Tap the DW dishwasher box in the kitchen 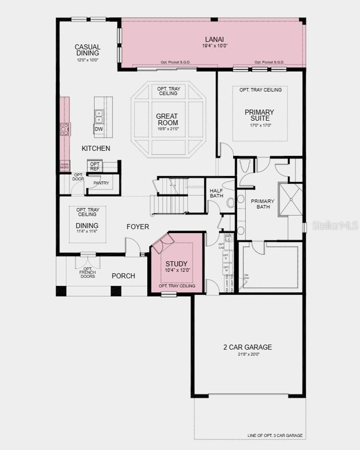pos(99,129)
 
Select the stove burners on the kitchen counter pos(64,129)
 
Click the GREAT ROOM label pos(168,120)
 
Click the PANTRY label pos(101,183)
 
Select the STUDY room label pos(176,264)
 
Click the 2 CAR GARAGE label pos(248,347)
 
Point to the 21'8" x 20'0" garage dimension pos(248,354)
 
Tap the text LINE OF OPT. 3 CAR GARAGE pos(275,436)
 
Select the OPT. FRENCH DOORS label pos(88,272)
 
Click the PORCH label pos(123,276)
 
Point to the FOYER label pos(138,227)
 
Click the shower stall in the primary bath pos(291,199)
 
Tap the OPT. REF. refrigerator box pos(95,166)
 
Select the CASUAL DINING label pos(88,50)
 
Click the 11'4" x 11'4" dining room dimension pos(87,231)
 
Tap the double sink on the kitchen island pos(99,116)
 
